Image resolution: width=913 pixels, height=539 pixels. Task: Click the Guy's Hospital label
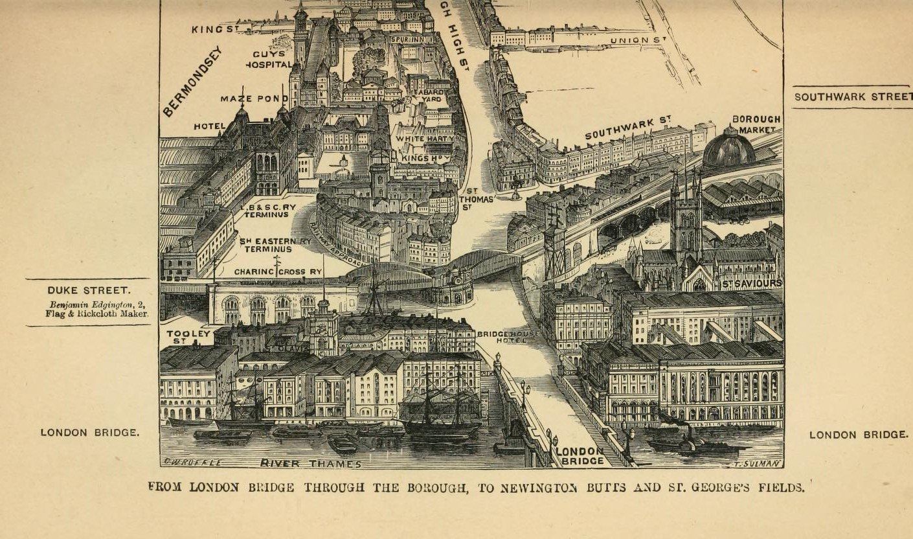[269, 59]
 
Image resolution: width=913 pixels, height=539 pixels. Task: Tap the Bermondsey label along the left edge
[192, 81]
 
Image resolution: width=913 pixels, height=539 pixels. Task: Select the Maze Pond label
[254, 98]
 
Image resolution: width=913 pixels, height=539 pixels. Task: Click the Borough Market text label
[756, 124]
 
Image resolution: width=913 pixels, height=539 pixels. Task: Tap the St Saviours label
[752, 283]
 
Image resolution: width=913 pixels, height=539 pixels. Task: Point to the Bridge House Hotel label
[502, 336]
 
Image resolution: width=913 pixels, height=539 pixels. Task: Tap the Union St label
[638, 41]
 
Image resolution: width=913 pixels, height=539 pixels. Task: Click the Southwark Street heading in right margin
[853, 97]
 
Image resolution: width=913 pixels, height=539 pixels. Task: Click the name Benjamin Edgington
[89, 304]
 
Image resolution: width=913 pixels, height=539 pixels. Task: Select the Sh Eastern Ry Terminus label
[275, 244]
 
